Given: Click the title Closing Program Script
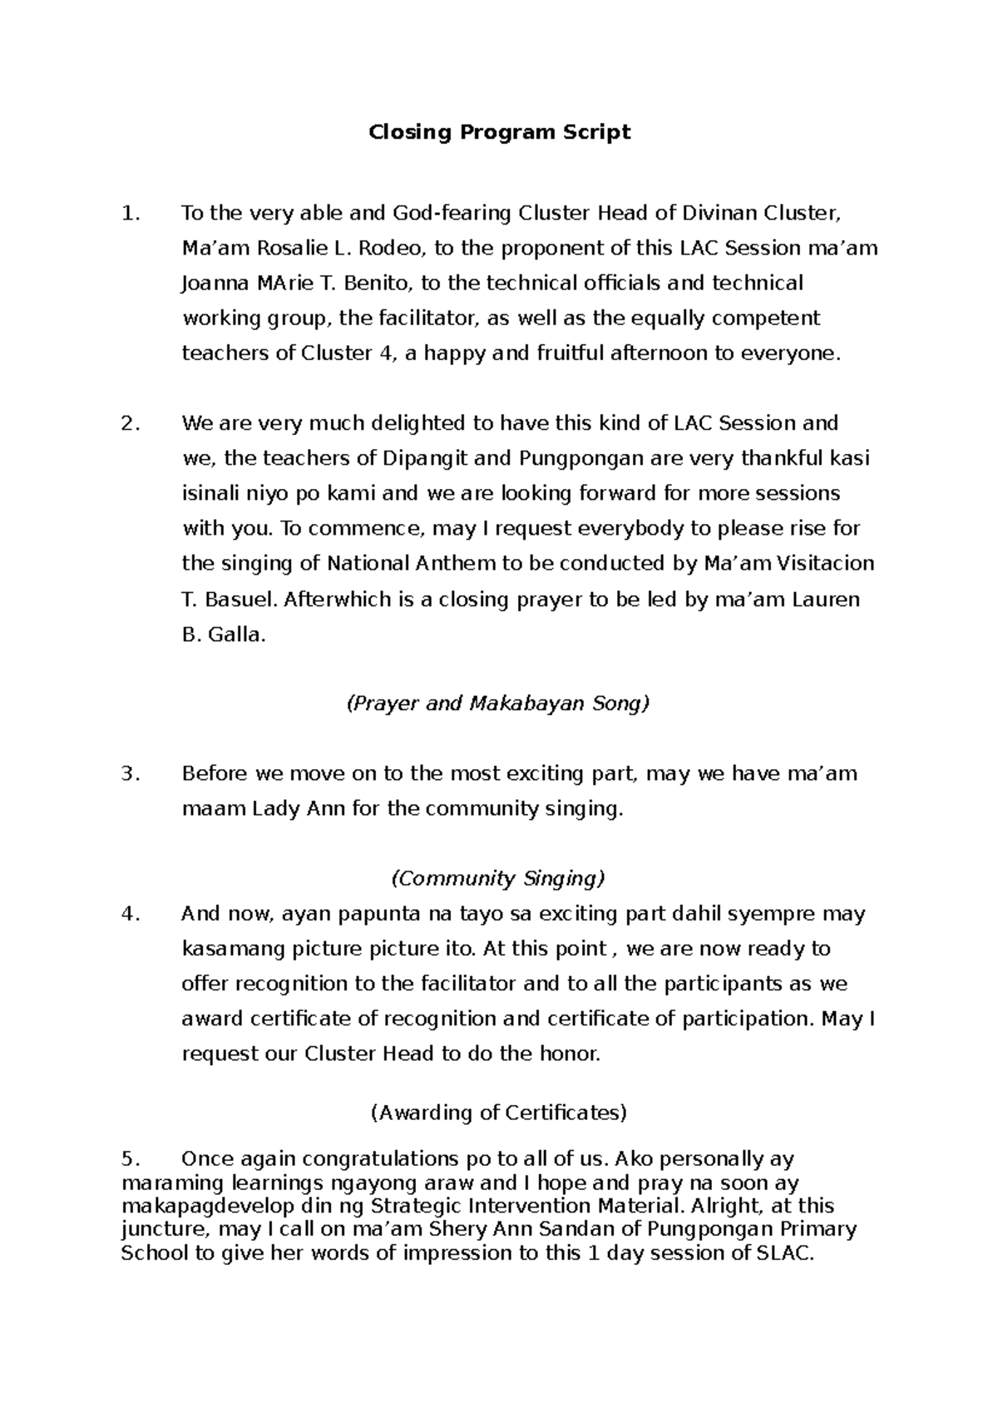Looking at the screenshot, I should pos(500,132).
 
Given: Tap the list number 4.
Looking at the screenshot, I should pos(129,914).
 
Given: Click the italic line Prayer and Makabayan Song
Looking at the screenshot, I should pos(497,704).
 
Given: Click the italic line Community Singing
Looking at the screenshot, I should pos(497,878).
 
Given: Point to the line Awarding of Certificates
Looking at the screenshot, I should pos(497,1112).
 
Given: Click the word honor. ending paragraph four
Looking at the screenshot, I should pos(570,1054).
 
